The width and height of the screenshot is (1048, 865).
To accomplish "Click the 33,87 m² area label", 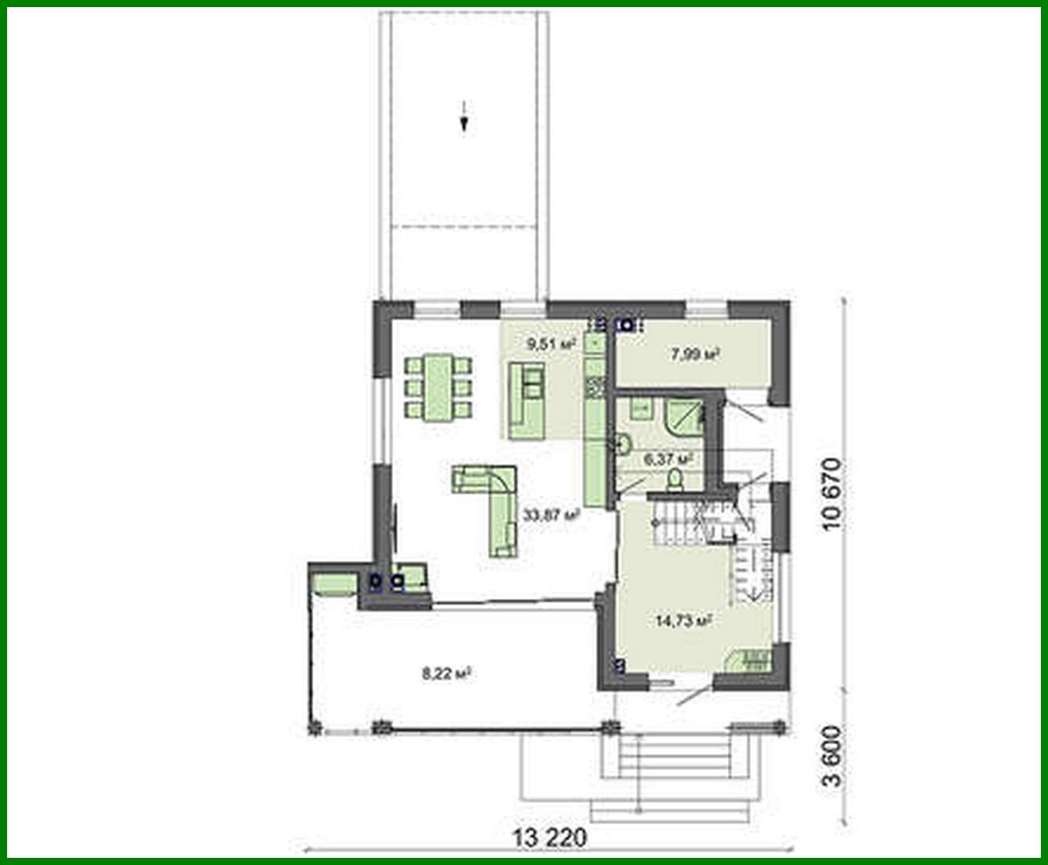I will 551,515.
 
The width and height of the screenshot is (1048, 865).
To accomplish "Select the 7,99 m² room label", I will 693,355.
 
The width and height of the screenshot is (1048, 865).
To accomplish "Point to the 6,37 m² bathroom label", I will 668,458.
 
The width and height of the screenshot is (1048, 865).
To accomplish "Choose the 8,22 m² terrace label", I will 446,674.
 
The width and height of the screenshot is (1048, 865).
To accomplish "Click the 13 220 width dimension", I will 550,837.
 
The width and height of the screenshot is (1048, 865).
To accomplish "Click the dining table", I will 439,388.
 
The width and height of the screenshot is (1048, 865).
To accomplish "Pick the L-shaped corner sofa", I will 496,504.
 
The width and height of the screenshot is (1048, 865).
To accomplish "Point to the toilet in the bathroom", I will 675,478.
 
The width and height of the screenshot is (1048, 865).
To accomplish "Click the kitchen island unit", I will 527,400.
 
